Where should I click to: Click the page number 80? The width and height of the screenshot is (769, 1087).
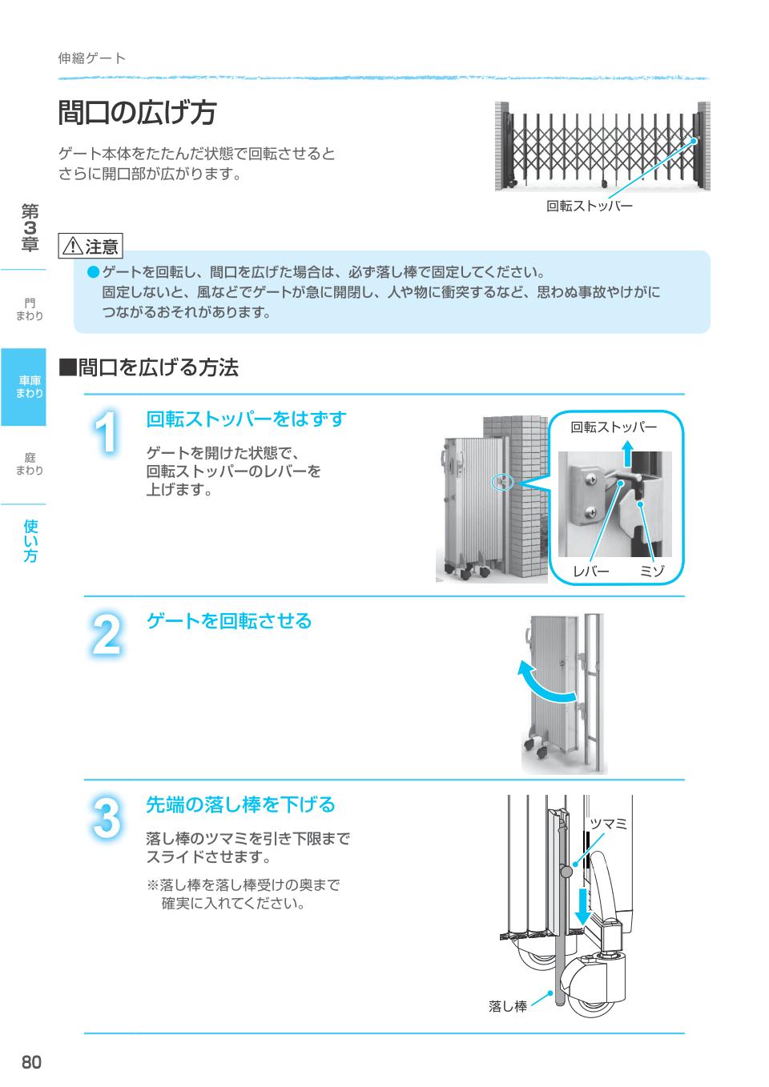click(x=31, y=1062)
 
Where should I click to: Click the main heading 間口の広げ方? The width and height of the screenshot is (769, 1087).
click(x=138, y=113)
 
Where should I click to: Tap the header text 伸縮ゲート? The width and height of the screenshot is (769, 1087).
click(x=92, y=58)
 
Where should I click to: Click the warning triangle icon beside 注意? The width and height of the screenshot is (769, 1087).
click(x=73, y=246)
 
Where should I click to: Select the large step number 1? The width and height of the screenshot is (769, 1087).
click(x=106, y=432)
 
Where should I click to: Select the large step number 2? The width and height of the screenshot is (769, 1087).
click(x=107, y=634)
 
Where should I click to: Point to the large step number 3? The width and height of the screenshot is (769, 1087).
click(x=107, y=818)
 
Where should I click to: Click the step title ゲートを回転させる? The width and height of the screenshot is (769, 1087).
click(x=228, y=621)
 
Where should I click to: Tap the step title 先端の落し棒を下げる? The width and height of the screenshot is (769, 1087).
click(x=241, y=804)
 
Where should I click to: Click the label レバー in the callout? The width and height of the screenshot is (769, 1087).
click(x=591, y=572)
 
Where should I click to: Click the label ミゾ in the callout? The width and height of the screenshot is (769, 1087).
click(x=651, y=572)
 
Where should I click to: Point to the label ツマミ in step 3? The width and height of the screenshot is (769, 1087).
click(x=608, y=824)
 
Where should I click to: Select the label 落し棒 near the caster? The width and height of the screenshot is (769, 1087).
click(x=508, y=1006)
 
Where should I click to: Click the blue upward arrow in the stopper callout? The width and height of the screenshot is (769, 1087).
click(x=628, y=453)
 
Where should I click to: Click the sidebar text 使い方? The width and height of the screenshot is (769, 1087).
click(x=30, y=540)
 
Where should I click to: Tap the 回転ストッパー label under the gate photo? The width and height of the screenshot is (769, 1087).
click(x=590, y=206)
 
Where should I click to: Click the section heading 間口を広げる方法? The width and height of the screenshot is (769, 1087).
click(x=148, y=367)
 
